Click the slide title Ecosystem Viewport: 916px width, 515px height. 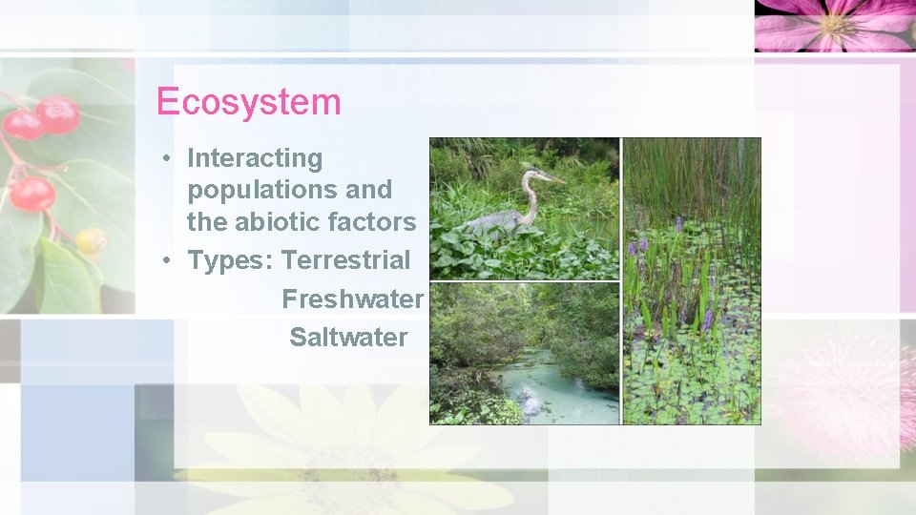(248, 101)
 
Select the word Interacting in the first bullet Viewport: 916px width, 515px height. (255, 158)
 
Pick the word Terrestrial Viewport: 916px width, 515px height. (346, 260)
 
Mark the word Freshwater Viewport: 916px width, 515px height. (352, 299)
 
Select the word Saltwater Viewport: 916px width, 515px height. (348, 337)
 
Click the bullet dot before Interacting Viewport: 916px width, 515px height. (166, 158)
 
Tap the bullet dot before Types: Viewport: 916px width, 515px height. (166, 260)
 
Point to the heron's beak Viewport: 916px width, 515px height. (552, 177)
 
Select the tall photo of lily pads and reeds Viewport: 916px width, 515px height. (692, 281)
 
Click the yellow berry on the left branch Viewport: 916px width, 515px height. (92, 239)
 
